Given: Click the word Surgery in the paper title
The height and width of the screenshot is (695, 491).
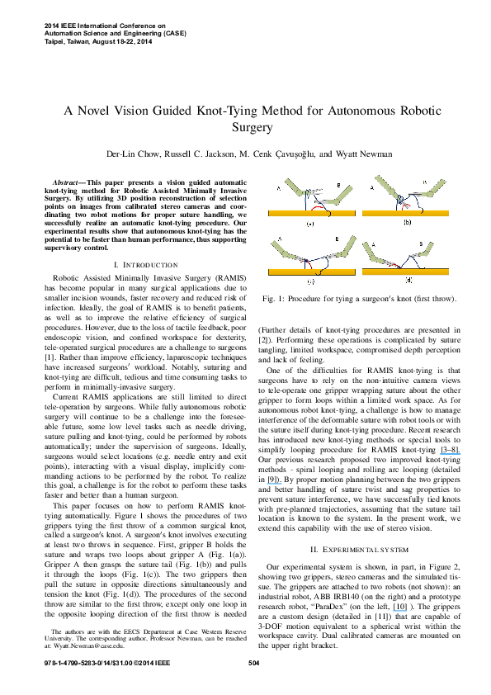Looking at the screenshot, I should (245, 129).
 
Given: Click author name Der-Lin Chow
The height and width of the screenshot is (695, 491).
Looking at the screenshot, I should (131, 154).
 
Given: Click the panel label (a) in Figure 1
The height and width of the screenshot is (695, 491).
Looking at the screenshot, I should (310, 224).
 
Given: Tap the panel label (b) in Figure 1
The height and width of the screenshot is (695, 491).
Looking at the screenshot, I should (407, 223).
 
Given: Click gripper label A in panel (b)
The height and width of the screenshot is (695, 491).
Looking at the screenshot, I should (372, 187).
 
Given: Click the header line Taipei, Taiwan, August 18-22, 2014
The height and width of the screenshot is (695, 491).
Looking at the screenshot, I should (97, 40).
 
